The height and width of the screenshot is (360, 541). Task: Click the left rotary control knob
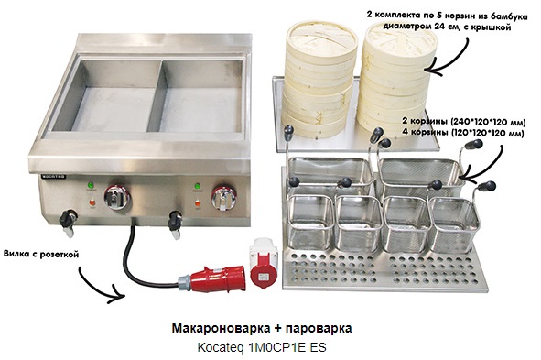click(x=117, y=197)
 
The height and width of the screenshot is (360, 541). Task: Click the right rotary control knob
click(x=224, y=198)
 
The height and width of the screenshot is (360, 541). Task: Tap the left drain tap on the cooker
click(x=68, y=223)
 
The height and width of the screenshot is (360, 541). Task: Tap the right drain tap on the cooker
click(x=175, y=224)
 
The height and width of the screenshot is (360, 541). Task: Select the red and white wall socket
click(x=264, y=262)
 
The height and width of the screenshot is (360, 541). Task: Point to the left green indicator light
click(x=91, y=185)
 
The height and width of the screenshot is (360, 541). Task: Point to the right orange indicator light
click(x=198, y=203)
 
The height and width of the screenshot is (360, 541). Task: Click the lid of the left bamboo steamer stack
click(x=321, y=40)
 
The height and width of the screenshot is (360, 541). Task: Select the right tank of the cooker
click(x=202, y=97)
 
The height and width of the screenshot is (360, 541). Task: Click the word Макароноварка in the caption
click(x=221, y=328)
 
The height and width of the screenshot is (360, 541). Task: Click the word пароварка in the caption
click(x=319, y=329)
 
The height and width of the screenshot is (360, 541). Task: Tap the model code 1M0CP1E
click(x=277, y=347)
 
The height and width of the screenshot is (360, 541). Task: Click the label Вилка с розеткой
click(x=41, y=255)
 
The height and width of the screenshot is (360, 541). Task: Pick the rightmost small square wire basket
click(x=453, y=224)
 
